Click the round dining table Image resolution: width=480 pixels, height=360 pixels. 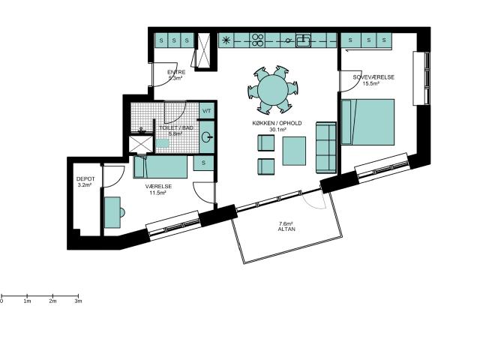[273, 89]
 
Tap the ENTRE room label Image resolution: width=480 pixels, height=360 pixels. [176, 72]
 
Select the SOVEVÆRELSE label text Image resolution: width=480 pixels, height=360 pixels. [373, 77]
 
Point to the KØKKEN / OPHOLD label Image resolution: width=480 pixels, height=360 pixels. [277, 123]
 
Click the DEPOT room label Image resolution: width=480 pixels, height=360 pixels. [85, 178]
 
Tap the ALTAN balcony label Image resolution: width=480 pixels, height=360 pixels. [286, 229]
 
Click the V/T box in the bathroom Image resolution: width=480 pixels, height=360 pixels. [207, 111]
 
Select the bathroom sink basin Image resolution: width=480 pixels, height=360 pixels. [207, 136]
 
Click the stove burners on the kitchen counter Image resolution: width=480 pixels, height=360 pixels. [258, 40]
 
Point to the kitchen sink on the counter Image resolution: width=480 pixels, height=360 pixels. [303, 40]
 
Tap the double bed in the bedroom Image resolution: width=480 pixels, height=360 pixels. [367, 121]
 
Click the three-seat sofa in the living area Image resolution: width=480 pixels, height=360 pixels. [326, 148]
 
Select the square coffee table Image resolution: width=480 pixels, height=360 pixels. [294, 151]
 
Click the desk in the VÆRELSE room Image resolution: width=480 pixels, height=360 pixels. [112, 212]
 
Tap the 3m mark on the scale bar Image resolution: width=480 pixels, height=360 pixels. [78, 296]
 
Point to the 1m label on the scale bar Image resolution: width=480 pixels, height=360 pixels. [27, 301]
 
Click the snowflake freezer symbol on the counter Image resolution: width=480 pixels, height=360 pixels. [226, 40]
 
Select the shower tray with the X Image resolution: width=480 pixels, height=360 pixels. [141, 144]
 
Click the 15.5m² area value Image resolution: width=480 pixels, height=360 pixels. [371, 83]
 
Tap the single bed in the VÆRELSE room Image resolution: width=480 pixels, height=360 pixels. [160, 166]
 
